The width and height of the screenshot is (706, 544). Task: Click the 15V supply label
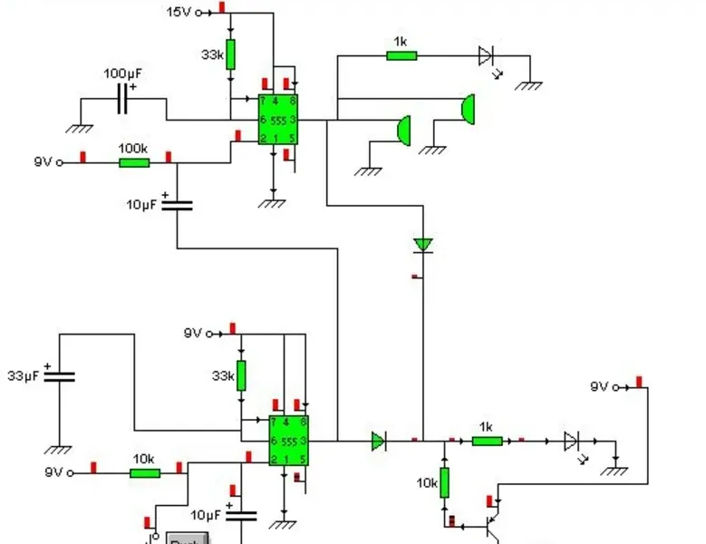point(178,12)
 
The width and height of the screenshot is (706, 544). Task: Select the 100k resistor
point(133,162)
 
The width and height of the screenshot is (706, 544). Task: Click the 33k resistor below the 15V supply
point(230,54)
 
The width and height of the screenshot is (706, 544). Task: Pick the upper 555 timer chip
point(278,119)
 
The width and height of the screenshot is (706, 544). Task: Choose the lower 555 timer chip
point(289,440)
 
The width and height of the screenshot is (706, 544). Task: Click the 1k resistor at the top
point(401,55)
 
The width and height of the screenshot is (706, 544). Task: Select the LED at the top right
point(487,56)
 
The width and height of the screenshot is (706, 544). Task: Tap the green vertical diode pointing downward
point(422,245)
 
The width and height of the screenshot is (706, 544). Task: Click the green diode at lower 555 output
point(378,442)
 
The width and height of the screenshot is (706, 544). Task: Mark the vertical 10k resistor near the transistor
point(445,482)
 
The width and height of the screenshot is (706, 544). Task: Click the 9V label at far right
point(599,386)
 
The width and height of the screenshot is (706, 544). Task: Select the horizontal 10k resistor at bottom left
point(145,472)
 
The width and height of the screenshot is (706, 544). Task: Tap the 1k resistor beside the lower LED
point(487,442)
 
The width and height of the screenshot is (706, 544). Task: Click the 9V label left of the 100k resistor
point(43,162)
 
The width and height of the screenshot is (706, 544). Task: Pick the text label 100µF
point(121,73)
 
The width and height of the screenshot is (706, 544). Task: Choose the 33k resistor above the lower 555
point(241,375)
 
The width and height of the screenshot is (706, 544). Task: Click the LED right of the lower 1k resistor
point(571,442)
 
